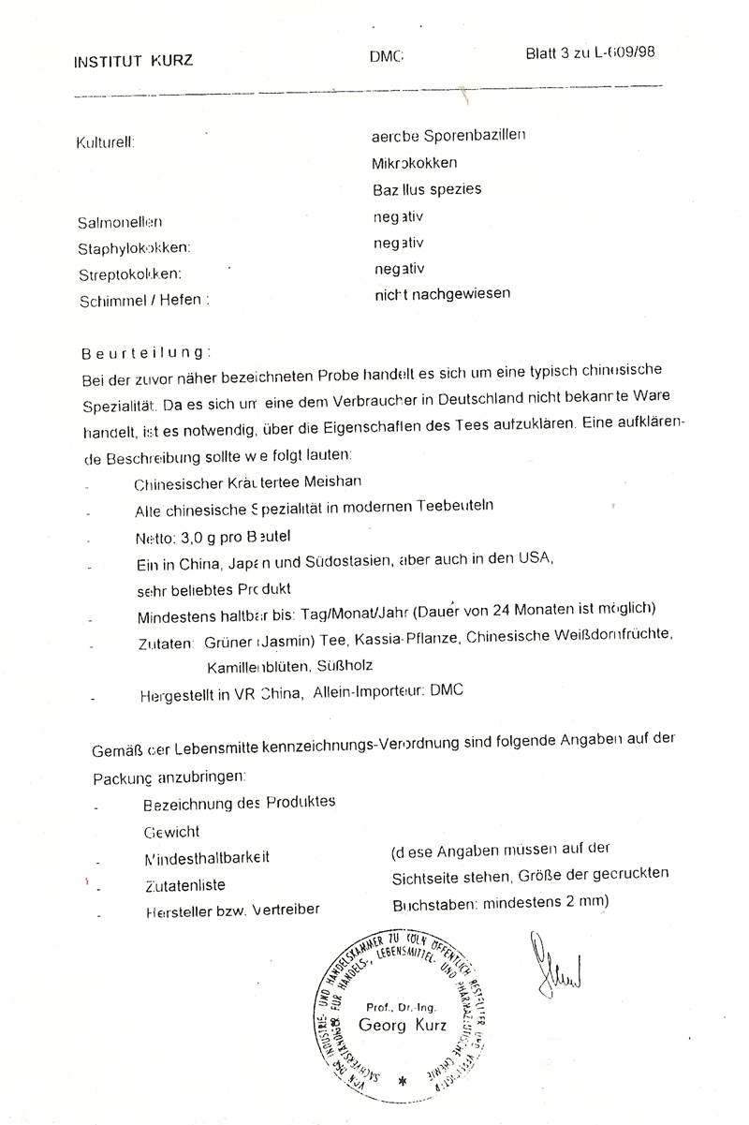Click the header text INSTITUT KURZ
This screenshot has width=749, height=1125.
[x=134, y=62]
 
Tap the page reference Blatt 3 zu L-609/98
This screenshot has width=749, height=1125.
[x=590, y=52]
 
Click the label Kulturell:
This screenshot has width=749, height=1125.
[x=106, y=142]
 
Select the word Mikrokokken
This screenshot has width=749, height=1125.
[x=413, y=162]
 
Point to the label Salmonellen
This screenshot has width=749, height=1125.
[x=120, y=222]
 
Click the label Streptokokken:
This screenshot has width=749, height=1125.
[x=128, y=274]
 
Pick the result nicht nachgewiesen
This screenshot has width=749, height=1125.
[x=441, y=293]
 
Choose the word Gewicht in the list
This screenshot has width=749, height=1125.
[x=171, y=831]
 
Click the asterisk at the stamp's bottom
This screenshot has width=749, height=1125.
[x=403, y=1080]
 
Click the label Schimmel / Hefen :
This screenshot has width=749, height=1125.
[x=141, y=301]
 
